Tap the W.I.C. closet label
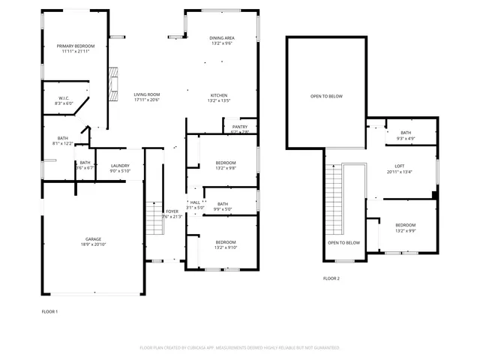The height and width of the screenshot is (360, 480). [x=64, y=100]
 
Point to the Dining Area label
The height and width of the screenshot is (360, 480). [x=221, y=40]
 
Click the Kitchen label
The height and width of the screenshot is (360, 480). [x=219, y=97]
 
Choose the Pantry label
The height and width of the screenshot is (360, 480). [x=240, y=129]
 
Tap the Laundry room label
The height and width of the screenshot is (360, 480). [x=120, y=168]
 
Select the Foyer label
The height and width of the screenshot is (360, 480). [x=173, y=214]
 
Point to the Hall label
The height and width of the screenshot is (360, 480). [x=195, y=205]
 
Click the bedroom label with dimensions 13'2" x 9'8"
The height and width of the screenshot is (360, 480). [x=226, y=165]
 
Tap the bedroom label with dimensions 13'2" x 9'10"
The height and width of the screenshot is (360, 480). [x=226, y=244]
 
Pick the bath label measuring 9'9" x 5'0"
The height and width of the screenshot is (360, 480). [x=223, y=206]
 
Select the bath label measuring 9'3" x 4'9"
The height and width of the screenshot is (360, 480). [x=406, y=135]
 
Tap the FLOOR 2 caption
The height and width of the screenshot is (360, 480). [x=331, y=278]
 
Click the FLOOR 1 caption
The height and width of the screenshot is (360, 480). [x=49, y=310]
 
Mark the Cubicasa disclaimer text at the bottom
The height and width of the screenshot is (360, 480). [x=240, y=348]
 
